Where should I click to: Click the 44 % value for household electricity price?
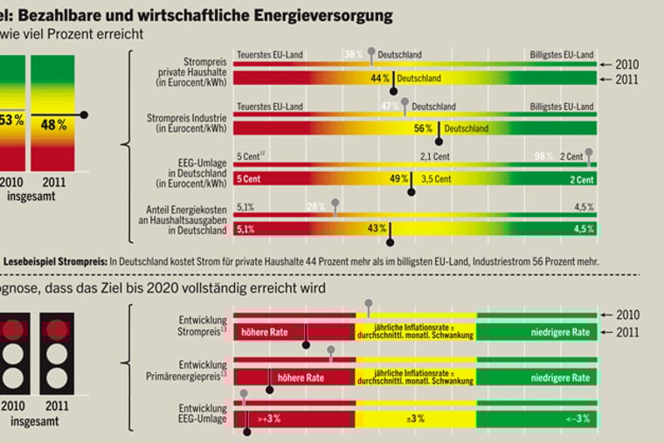pos(379,78)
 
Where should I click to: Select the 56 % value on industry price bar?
pos(423,128)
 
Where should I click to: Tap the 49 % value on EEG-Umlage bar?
pos(398,178)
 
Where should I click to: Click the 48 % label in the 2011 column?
pos(53,125)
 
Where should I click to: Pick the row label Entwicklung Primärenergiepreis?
pos(189,372)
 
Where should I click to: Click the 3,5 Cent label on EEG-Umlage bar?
pos(435,178)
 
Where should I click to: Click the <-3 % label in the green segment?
pos(578,419)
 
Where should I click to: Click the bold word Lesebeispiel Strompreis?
pos(54,260)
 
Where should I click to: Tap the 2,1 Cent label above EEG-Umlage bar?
pos(434,156)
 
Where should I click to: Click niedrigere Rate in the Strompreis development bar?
pos(560,331)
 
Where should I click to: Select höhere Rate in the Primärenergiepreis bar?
pos(301,378)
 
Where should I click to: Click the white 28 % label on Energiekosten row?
pos(315,207)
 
